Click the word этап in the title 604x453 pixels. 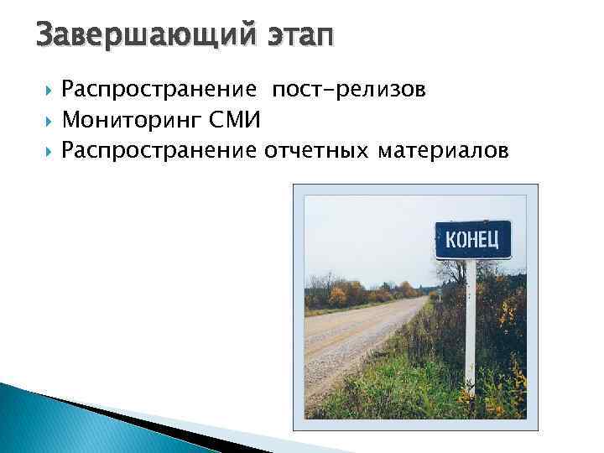(x=297, y=36)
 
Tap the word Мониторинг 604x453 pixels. (x=131, y=120)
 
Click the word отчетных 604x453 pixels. (x=317, y=150)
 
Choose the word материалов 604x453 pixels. (x=443, y=150)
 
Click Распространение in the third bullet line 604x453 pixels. (x=159, y=150)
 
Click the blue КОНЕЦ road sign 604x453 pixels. (x=472, y=240)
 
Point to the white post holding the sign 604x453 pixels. (x=471, y=327)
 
